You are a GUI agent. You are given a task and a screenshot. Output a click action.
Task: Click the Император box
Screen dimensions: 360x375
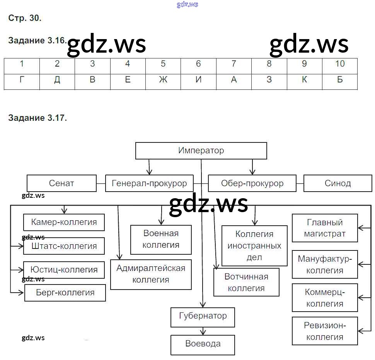201,151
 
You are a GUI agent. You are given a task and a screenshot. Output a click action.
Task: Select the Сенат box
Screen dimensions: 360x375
61,183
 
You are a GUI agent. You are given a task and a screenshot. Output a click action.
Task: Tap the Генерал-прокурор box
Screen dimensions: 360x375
149,183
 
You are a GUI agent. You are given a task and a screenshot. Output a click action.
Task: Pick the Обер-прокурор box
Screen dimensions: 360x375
252,183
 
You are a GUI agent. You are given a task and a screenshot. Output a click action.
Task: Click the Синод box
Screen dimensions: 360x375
337,183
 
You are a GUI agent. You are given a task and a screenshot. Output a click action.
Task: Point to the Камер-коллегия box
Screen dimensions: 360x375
64,222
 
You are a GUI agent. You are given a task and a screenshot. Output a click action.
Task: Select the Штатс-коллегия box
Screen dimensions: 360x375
64,246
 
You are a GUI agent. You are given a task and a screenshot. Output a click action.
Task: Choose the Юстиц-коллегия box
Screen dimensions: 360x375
64,270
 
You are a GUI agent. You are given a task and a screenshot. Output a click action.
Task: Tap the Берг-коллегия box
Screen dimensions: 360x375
65,293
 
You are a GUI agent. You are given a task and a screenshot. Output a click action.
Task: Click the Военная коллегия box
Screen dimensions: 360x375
161,239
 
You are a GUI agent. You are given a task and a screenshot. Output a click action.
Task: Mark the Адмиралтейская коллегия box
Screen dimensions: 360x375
151,274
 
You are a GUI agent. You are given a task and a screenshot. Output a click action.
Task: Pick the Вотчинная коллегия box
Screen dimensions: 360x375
246,282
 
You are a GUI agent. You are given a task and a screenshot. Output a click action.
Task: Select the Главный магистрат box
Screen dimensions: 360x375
325,228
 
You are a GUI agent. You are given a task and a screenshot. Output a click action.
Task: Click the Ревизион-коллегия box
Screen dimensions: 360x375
325,331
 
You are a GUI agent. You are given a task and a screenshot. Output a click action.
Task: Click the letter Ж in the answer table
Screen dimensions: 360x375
163,80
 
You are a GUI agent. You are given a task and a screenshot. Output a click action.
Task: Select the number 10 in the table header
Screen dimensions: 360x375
339,64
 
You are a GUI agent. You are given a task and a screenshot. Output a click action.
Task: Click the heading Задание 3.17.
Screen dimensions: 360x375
37,118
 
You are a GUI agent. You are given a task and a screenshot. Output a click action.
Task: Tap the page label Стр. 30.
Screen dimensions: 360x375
24,18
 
